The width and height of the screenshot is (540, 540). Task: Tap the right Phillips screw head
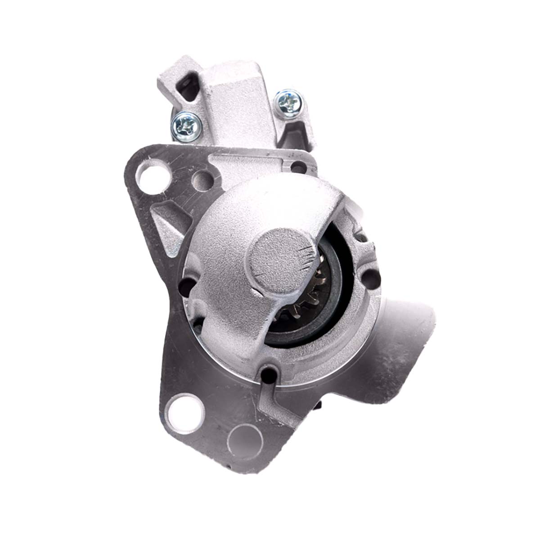pyautogui.click(x=288, y=102)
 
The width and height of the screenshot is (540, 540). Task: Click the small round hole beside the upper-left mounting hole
pyautogui.click(x=200, y=180)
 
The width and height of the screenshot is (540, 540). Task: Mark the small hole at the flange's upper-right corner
pyautogui.click(x=296, y=167)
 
